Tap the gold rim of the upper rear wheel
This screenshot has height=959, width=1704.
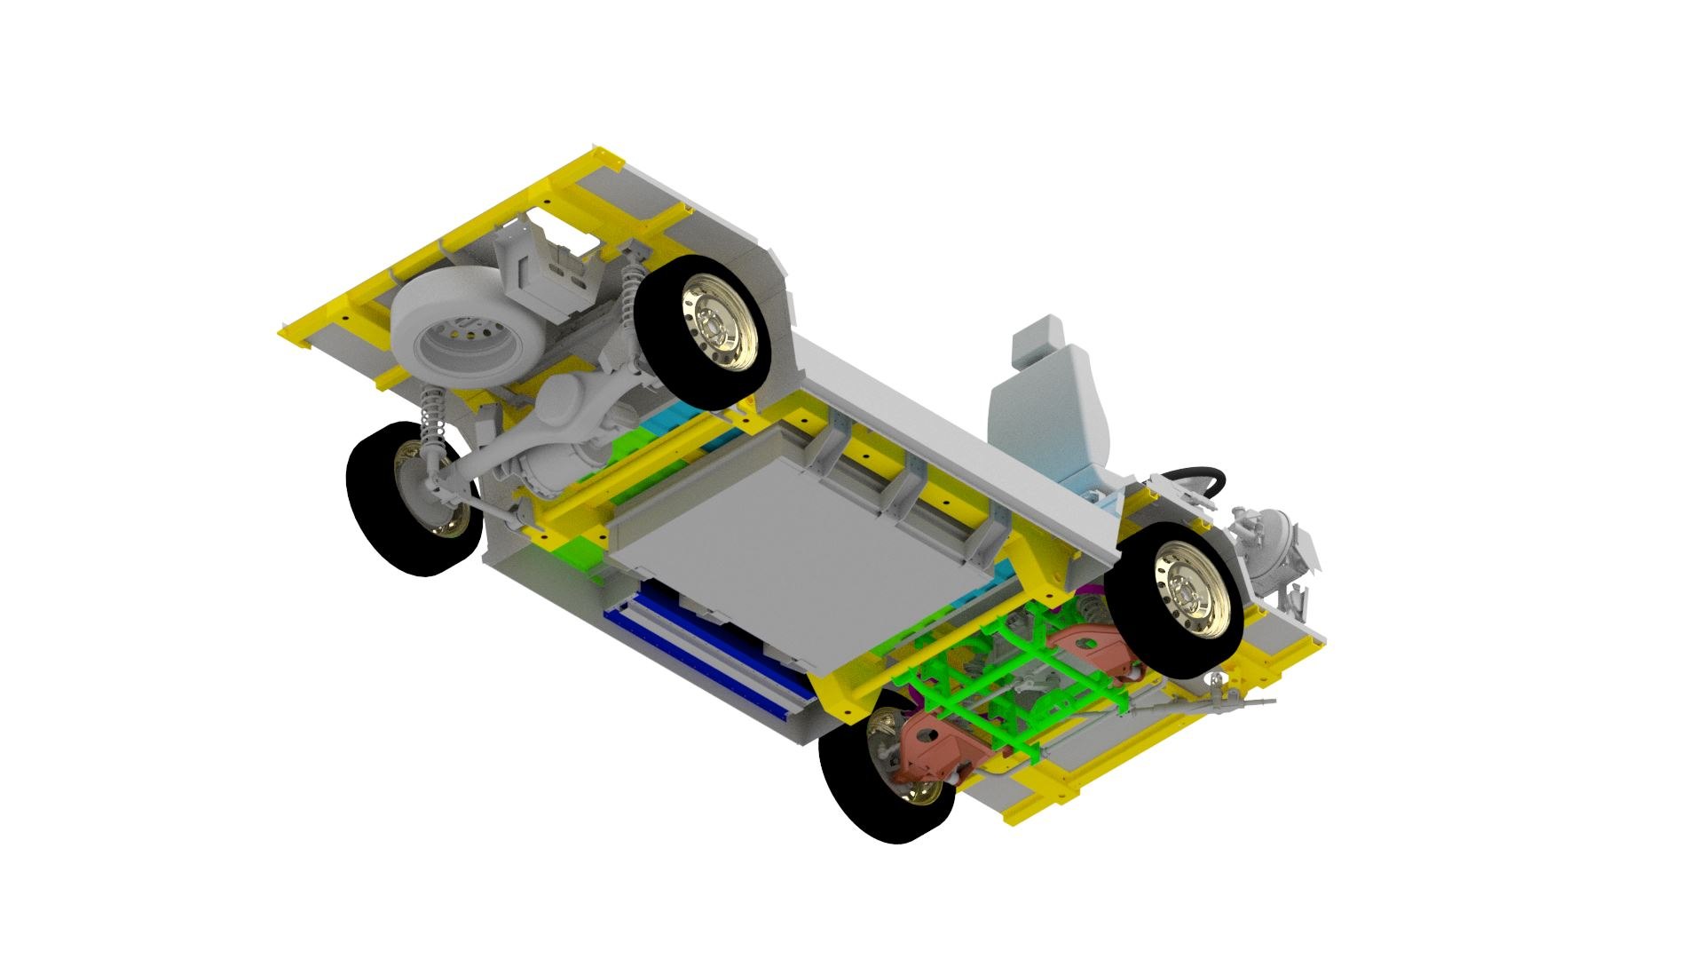coord(718,328)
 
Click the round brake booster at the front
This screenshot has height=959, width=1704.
coord(1278,542)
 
